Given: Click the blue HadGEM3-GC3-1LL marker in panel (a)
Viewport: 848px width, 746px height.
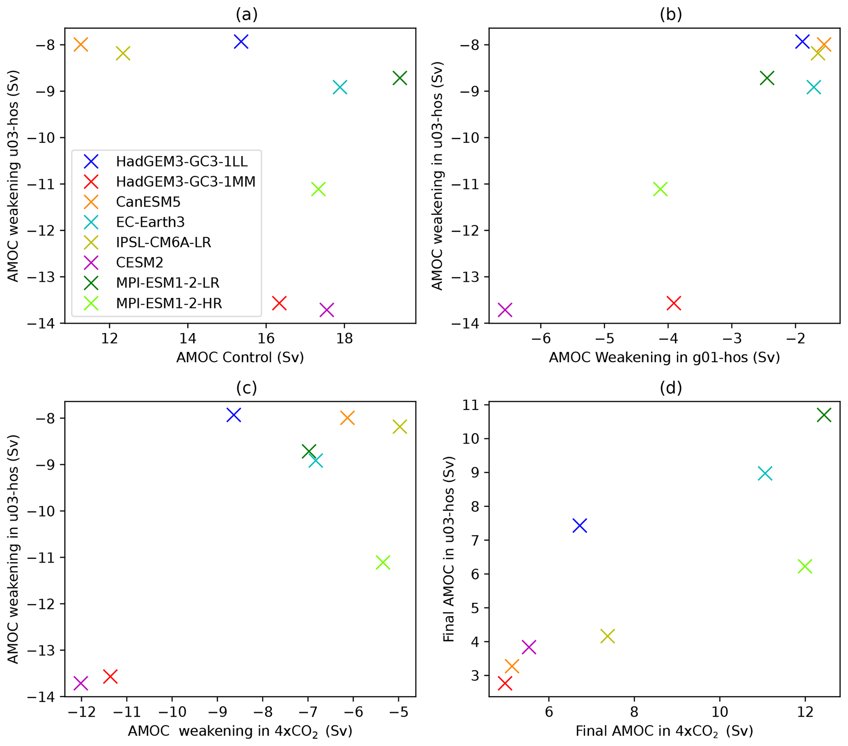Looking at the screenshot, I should click(x=241, y=41).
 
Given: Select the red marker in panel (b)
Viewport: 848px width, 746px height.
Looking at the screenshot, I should click(x=674, y=303).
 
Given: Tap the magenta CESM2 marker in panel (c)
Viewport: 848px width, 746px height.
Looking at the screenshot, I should click(x=80, y=683).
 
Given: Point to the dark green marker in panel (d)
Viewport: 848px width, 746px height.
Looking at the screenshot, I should click(x=824, y=415).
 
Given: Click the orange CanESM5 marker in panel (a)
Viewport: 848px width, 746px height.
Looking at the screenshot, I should click(x=80, y=44).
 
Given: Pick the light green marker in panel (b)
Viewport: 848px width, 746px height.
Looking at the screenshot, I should click(x=660, y=189).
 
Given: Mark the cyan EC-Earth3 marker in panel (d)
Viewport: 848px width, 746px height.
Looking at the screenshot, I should click(x=765, y=474).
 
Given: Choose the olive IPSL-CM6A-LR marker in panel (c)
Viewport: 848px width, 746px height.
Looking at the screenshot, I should click(x=400, y=427).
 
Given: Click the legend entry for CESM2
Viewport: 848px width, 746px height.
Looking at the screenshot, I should click(x=139, y=262).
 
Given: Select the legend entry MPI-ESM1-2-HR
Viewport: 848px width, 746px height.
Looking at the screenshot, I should click(x=169, y=303).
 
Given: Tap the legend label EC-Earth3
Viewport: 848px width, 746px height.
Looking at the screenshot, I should click(x=150, y=222).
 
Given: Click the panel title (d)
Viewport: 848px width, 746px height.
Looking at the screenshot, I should click(x=671, y=388).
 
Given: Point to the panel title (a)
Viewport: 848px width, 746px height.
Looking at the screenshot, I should click(x=247, y=14).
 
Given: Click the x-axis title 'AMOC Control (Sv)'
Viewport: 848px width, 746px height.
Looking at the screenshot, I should click(x=240, y=357).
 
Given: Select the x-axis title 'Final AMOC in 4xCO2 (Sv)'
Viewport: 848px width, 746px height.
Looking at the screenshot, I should click(x=664, y=731).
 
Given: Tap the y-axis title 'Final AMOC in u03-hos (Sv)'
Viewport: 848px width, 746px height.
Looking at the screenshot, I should click(x=448, y=549).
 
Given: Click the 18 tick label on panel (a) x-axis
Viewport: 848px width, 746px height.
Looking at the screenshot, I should click(x=344, y=338).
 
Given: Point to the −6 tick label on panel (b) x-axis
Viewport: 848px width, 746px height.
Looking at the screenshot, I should click(x=541, y=338).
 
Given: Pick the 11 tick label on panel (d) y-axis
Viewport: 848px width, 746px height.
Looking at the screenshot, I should click(x=471, y=405).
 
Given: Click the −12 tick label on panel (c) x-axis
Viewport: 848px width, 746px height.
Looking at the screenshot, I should click(x=81, y=712).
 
